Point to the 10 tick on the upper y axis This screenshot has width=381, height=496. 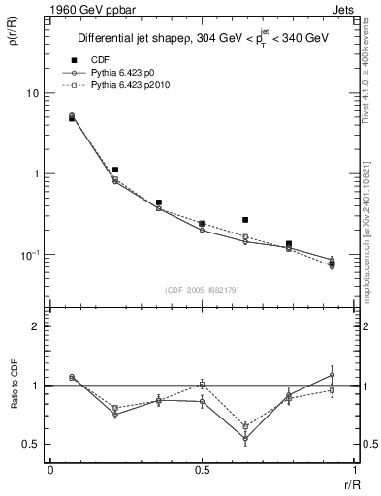click(x=31, y=93)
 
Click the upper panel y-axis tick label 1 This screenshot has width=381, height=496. click(x=35, y=173)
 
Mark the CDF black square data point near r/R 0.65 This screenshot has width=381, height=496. click(x=245, y=220)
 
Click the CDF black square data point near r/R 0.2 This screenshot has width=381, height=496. click(x=115, y=170)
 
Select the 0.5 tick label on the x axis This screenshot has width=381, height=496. click(x=201, y=469)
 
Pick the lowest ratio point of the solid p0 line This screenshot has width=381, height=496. click(x=245, y=438)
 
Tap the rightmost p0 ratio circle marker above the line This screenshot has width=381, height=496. click(x=332, y=374)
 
